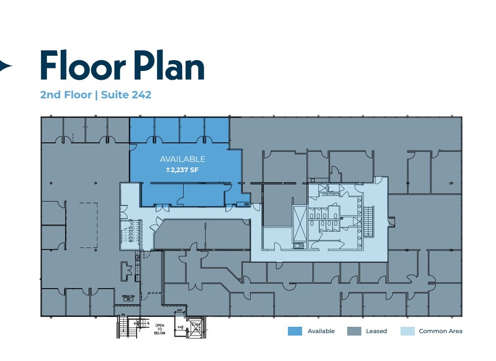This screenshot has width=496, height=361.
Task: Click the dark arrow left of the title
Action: click(x=6, y=66)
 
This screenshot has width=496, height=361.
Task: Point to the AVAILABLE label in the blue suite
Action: click(x=182, y=159)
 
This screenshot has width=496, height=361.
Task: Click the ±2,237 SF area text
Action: click(x=182, y=170)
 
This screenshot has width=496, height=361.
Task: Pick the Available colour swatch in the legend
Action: click(x=295, y=331)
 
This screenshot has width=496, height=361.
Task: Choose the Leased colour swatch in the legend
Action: click(x=354, y=331)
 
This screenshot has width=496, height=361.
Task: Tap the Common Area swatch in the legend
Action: click(x=407, y=331)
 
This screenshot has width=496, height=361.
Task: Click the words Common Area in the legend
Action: click(x=440, y=331)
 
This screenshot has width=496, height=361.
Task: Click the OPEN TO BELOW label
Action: click(x=160, y=329)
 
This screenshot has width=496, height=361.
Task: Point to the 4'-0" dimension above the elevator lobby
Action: click(x=179, y=311)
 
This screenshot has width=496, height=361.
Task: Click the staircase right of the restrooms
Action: click(x=369, y=221)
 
